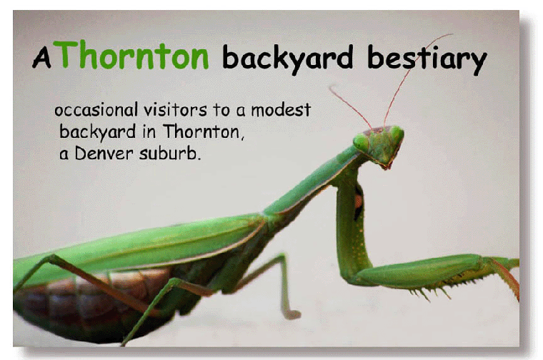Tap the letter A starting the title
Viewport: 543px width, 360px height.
point(41,57)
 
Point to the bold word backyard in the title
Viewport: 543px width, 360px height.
point(287,58)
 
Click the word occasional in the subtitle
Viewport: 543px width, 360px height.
point(96,110)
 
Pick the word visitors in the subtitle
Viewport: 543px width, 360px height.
point(175,110)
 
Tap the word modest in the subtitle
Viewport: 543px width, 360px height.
point(281,110)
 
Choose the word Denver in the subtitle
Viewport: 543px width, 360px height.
point(104,153)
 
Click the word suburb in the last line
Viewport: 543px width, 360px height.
point(170,153)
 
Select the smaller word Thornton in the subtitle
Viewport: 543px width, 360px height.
point(204,131)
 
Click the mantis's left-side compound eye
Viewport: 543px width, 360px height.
point(361,142)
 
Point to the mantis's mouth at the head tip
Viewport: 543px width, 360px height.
point(386,166)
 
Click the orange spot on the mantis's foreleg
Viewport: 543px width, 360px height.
point(358,201)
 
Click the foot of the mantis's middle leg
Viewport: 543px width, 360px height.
point(291,314)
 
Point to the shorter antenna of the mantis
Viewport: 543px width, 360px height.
point(350,106)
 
